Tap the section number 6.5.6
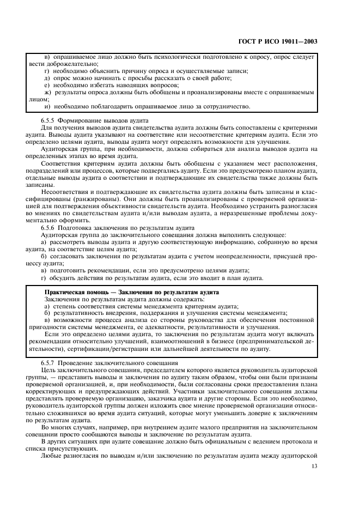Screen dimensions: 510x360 coord(50,229)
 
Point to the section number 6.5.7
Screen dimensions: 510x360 coord(50,362)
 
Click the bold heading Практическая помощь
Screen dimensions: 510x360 coord(76,292)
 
